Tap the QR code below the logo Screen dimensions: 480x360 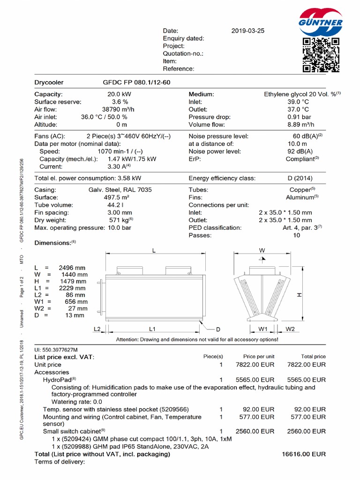(x=321, y=55)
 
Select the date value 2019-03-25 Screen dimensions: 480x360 (x=248, y=31)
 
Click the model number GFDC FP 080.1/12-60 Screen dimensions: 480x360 (x=136, y=82)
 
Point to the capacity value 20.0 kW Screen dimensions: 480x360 (x=120, y=94)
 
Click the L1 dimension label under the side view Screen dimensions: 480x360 (x=152, y=330)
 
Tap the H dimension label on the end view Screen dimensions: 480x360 (x=300, y=295)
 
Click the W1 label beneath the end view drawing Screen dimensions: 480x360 (x=263, y=329)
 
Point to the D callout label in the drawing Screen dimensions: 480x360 (x=218, y=330)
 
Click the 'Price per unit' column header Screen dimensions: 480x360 (x=259, y=357)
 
